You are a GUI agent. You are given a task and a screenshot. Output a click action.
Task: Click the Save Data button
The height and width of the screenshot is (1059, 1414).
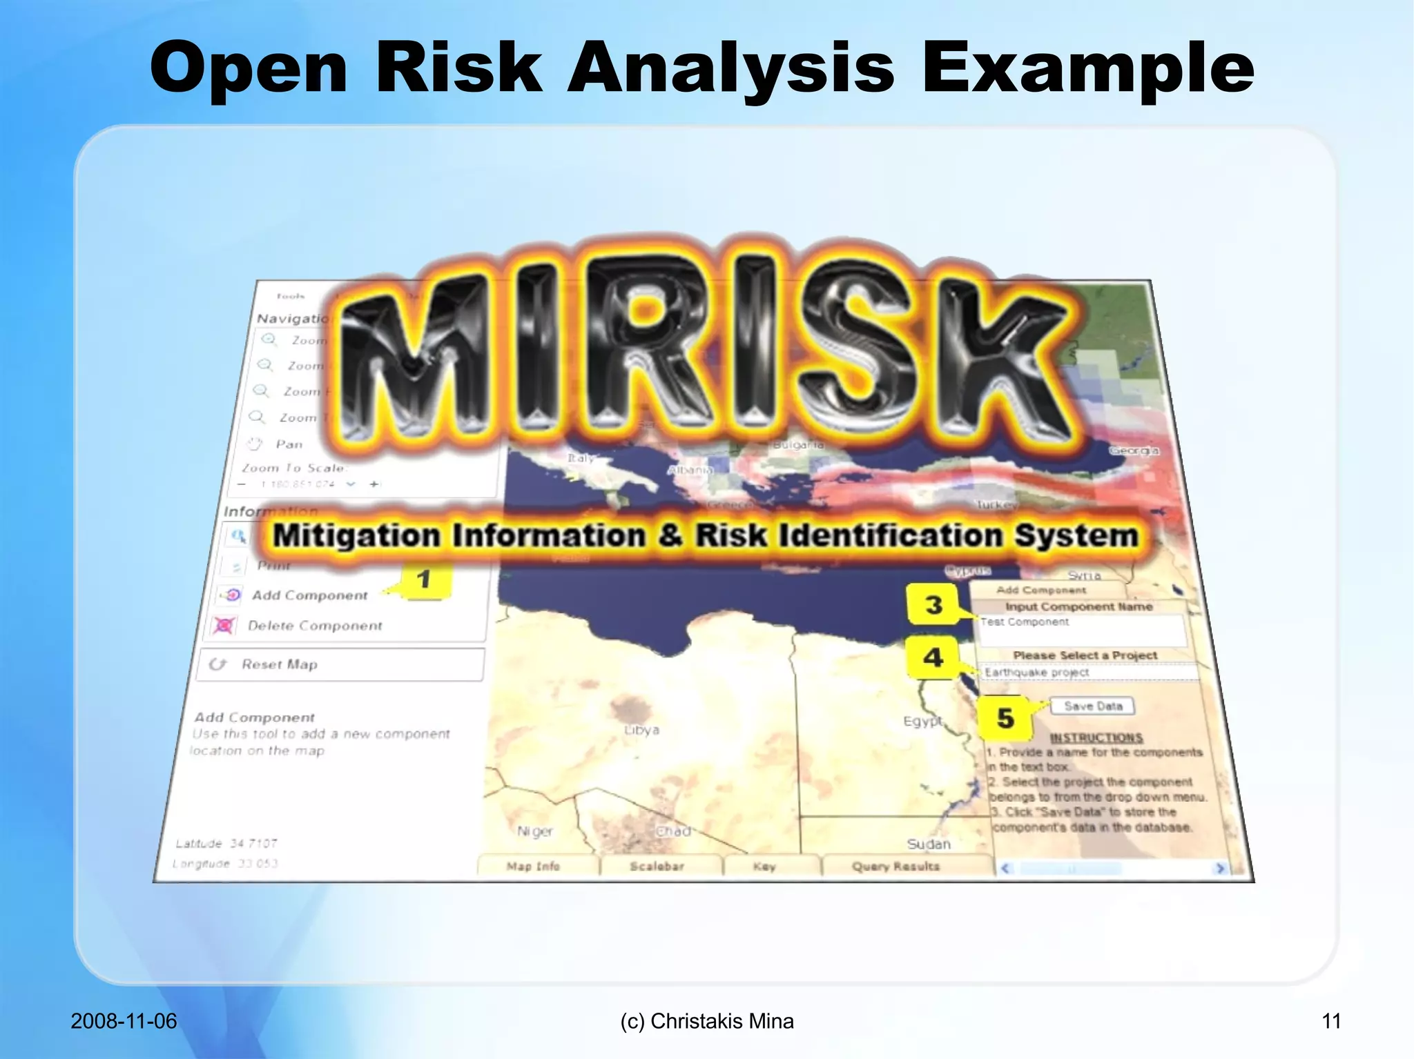pyautogui.click(x=1092, y=706)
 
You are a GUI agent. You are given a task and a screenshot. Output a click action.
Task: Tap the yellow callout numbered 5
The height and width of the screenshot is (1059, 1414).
pyautogui.click(x=1005, y=718)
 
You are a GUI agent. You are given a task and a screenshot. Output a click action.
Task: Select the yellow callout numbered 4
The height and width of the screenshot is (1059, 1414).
pyautogui.click(x=933, y=657)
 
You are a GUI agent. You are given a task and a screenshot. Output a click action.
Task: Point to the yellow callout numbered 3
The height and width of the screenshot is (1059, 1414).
pyautogui.click(x=933, y=605)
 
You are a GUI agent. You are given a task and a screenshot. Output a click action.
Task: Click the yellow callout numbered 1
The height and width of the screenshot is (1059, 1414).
pyautogui.click(x=424, y=580)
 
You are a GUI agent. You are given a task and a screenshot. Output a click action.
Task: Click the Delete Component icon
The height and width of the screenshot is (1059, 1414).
pyautogui.click(x=224, y=625)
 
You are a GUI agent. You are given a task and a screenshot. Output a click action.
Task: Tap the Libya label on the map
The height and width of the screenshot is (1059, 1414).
pyautogui.click(x=641, y=730)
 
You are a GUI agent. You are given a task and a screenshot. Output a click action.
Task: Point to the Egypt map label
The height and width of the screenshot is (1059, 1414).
pyautogui.click(x=922, y=721)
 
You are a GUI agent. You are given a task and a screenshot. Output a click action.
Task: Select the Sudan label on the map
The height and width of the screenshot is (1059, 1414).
pyautogui.click(x=929, y=844)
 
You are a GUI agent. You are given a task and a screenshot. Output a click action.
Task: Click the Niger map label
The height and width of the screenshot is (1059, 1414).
pyautogui.click(x=535, y=831)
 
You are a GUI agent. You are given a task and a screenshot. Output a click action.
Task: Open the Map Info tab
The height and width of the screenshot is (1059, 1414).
pyautogui.click(x=533, y=867)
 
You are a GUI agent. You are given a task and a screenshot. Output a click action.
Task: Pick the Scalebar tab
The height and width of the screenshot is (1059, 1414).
pyautogui.click(x=657, y=867)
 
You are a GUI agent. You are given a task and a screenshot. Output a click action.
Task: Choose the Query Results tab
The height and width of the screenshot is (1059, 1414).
pyautogui.click(x=895, y=867)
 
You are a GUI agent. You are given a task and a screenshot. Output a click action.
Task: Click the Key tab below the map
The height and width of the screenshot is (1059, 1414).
pyautogui.click(x=764, y=867)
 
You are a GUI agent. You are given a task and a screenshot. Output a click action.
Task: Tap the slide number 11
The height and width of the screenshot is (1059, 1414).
pyautogui.click(x=1331, y=1021)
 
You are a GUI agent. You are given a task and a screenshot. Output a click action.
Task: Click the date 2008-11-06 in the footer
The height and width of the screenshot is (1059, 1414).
pyautogui.click(x=124, y=1021)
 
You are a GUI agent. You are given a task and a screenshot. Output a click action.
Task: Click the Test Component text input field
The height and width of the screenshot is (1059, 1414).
pyautogui.click(x=1081, y=629)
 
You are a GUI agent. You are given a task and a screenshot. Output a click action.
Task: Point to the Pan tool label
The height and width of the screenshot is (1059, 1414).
pyautogui.click(x=289, y=444)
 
